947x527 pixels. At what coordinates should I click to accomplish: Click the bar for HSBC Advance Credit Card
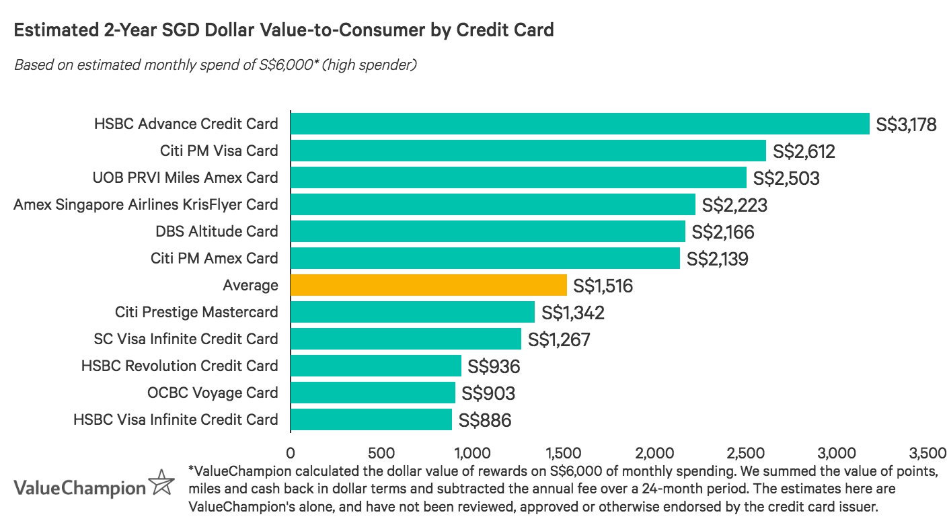click(x=580, y=124)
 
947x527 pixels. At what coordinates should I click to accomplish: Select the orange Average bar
click(x=428, y=285)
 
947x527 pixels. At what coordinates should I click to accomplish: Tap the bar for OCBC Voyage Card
click(x=373, y=393)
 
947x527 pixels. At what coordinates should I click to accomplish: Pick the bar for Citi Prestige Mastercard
click(x=412, y=312)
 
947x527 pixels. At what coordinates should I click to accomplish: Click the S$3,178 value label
click(x=906, y=124)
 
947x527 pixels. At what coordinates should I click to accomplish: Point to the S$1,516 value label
click(x=603, y=286)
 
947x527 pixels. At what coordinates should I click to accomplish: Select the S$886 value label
click(x=485, y=420)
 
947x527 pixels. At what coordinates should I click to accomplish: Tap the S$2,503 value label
click(x=786, y=178)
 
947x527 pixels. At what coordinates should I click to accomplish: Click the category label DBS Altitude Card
click(x=216, y=231)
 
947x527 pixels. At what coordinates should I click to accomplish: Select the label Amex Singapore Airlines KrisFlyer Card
click(x=145, y=204)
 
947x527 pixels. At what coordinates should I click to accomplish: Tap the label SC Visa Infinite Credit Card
click(x=186, y=339)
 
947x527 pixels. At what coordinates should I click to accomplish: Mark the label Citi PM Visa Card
click(x=219, y=151)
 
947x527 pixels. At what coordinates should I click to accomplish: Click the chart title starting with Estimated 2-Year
click(x=283, y=30)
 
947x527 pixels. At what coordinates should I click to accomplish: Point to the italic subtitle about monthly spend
click(x=215, y=65)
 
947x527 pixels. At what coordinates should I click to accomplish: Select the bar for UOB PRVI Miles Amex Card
click(x=518, y=177)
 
